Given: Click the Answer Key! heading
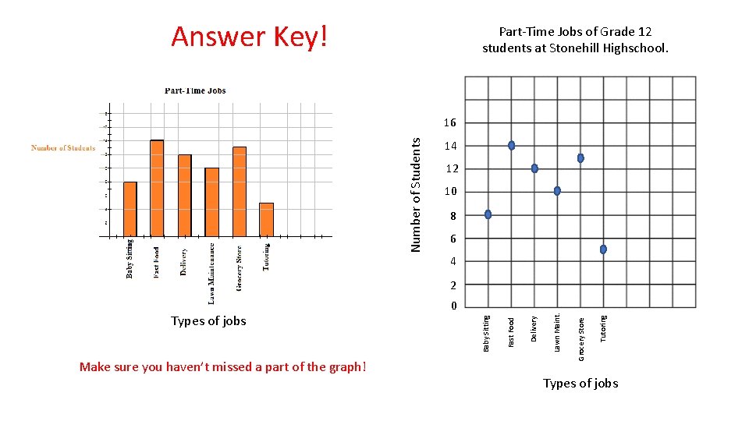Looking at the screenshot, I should [250, 37].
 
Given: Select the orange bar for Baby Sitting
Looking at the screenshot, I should [130, 208].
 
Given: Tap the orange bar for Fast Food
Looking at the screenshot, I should [157, 188].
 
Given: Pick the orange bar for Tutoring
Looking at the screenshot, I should [267, 219].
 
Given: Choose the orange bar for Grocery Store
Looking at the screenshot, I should [240, 191].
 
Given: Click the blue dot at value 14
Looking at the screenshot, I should [511, 146].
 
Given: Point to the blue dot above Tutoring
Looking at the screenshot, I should [603, 249].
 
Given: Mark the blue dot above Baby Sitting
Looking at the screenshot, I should [488, 214].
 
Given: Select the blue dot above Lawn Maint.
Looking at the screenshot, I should [557, 191].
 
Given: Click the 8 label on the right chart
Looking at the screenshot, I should [452, 216].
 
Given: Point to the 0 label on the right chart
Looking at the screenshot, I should [452, 306].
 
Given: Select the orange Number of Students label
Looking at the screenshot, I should [63, 148].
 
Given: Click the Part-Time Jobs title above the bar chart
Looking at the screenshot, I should [195, 90].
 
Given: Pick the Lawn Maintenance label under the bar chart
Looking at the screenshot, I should [211, 273].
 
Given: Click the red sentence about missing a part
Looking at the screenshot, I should [223, 367].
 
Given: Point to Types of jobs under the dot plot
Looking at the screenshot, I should [580, 383].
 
